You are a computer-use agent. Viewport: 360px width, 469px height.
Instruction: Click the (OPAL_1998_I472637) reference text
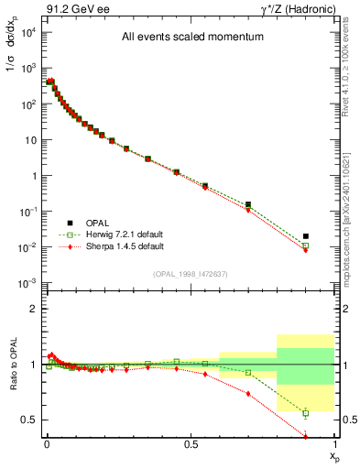tap(190, 273)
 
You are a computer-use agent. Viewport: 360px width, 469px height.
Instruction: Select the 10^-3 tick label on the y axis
tap(26, 283)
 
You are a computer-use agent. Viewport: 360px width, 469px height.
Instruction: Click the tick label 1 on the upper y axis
tap(31, 176)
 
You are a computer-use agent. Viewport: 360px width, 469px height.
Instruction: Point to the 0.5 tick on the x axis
tap(190, 444)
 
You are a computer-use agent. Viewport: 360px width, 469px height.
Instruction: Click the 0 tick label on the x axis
tap(46, 444)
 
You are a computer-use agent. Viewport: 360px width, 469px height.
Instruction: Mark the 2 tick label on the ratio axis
tap(34, 309)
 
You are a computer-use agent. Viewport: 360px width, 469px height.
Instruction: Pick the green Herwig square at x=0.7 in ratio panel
tap(248, 373)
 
